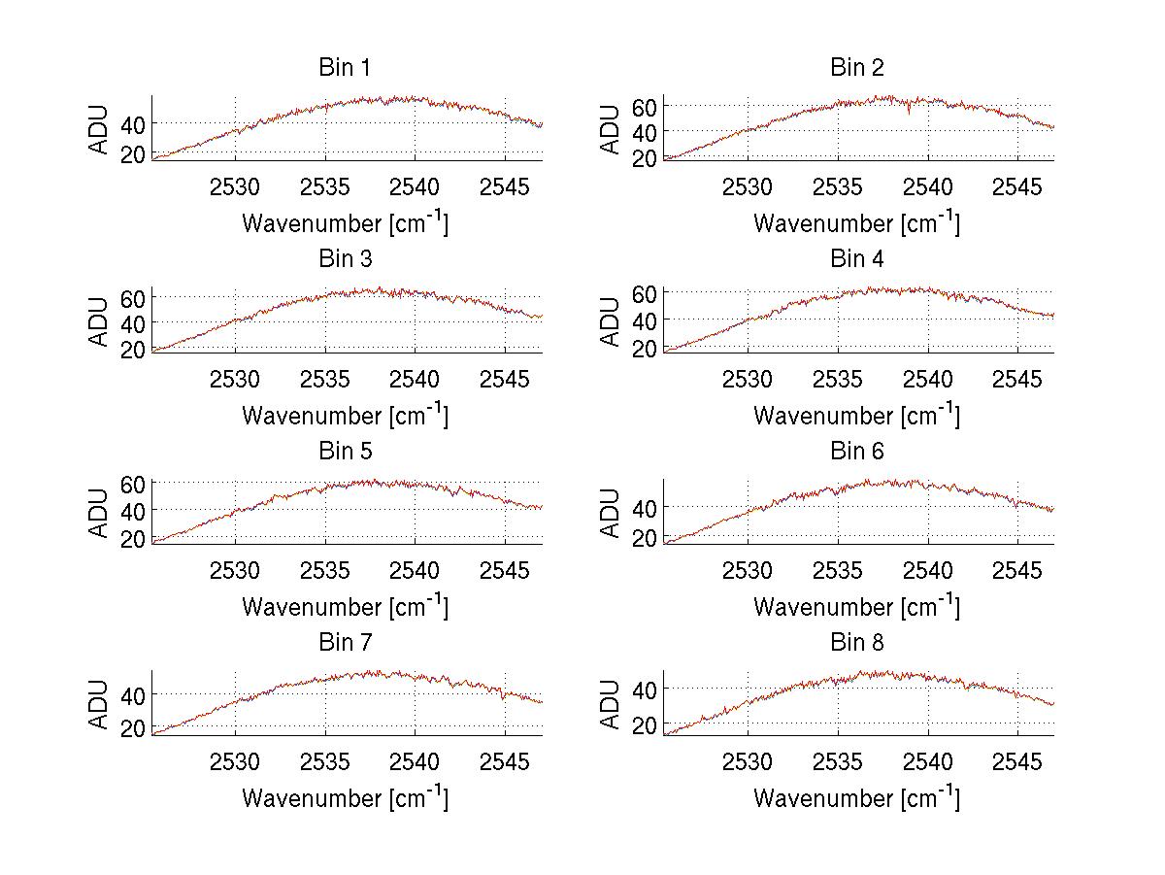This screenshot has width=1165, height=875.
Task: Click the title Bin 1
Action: [345, 68]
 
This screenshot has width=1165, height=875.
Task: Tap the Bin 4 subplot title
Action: [857, 259]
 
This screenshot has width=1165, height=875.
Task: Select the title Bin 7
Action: [345, 643]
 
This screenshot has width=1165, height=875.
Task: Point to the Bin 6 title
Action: [857, 452]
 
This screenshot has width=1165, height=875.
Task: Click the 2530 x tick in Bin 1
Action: [235, 186]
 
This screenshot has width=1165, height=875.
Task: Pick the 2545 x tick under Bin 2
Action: [1017, 186]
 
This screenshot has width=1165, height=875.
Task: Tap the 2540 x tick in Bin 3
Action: [416, 379]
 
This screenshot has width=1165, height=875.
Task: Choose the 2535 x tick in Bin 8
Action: [838, 762]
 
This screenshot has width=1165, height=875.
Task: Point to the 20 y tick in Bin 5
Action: [133, 538]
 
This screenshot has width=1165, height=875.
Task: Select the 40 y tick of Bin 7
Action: [133, 694]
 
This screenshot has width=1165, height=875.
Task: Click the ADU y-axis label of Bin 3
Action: [99, 320]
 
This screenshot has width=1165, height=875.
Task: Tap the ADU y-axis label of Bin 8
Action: [611, 704]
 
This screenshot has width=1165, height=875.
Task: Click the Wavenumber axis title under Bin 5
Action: [345, 607]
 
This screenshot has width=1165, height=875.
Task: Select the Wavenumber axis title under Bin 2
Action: [857, 223]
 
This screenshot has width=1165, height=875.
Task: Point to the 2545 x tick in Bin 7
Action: [506, 762]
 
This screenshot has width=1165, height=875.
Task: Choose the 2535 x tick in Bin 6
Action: [838, 570]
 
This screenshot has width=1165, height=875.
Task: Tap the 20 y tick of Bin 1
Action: [133, 154]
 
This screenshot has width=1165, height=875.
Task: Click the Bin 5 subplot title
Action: [345, 452]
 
